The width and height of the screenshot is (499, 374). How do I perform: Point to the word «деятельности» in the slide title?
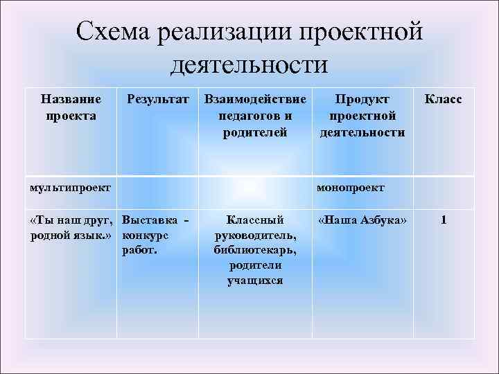coord(249,65)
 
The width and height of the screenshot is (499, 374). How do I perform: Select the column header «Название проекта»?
coord(71,107)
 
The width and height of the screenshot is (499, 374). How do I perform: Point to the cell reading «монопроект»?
coord(350,187)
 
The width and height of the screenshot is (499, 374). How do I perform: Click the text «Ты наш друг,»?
coord(72,220)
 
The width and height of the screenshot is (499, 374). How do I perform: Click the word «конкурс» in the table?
coord(144,235)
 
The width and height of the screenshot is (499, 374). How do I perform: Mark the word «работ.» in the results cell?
coord(139,251)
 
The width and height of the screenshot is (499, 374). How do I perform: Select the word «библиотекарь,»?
coord(254,251)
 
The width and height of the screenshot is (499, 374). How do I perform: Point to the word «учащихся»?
coord(254,280)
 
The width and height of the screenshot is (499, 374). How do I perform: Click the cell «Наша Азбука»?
coord(362,220)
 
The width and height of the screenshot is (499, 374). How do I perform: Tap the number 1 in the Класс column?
coord(443,220)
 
